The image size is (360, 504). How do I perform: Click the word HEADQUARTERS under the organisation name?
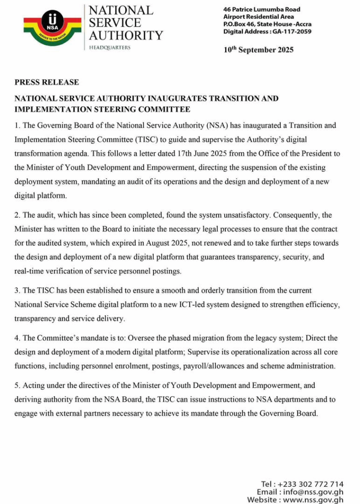pyautogui.click(x=110, y=47)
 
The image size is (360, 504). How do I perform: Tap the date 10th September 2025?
pyautogui.click(x=258, y=50)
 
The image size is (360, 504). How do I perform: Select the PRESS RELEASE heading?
pyautogui.click(x=47, y=82)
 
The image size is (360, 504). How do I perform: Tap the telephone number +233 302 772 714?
pyautogui.click(x=311, y=484)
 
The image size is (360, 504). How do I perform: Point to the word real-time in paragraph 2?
pyautogui.click(x=30, y=271)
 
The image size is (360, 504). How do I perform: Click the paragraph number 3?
pyautogui.click(x=17, y=290)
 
